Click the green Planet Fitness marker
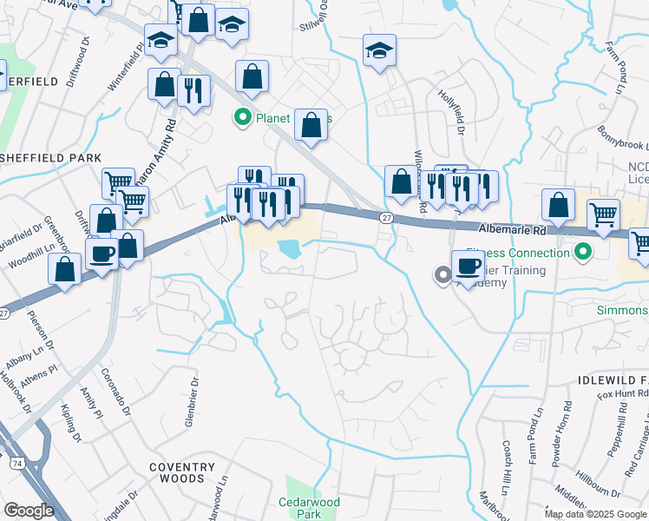coord(244,118)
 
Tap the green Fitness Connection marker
coord(583,253)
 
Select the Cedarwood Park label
coord(310,508)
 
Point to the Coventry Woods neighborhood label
coord(181,472)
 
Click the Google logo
coord(29,511)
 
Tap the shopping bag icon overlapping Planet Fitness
coord(311,126)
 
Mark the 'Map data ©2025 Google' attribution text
coord(595,514)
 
